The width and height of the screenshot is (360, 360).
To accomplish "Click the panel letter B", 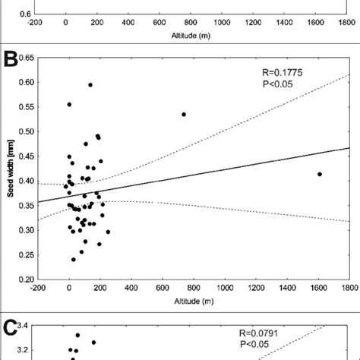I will [x=11, y=59].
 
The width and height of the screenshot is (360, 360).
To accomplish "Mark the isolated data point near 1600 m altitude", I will [x=320, y=174].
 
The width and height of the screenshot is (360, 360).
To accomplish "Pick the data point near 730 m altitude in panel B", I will [x=184, y=115].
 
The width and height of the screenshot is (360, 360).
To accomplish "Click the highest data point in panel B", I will [x=90, y=85].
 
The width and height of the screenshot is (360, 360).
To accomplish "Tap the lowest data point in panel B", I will [x=74, y=260].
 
